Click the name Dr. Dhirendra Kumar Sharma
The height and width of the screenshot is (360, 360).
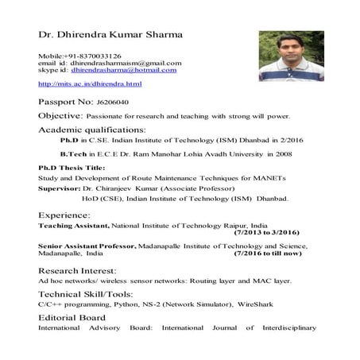click(110, 35)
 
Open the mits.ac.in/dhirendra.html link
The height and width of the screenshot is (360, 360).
click(90, 83)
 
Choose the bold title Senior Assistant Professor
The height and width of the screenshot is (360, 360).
click(87, 247)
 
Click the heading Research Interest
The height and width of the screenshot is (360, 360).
click(76, 270)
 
